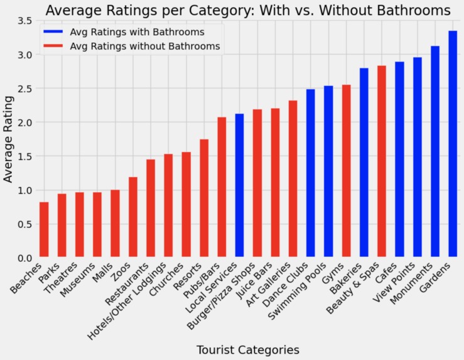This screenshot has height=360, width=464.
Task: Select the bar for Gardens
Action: [453, 145]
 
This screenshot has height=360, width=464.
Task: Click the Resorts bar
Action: [204, 199]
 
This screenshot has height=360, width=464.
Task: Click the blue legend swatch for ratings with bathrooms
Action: [53, 31]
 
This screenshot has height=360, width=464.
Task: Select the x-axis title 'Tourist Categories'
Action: [248, 349]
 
